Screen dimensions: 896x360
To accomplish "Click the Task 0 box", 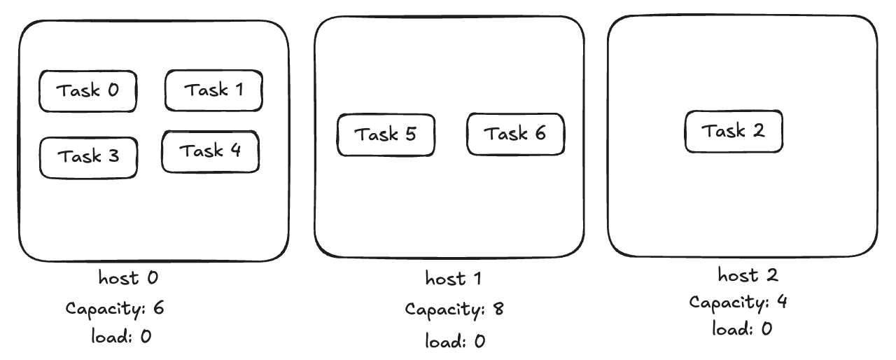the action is click(x=88, y=91).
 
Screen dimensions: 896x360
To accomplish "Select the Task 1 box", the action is click(x=213, y=90).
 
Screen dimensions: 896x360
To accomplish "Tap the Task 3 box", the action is click(x=88, y=158).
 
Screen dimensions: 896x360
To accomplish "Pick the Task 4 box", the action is click(x=211, y=151).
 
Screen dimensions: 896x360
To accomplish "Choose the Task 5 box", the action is click(x=386, y=134).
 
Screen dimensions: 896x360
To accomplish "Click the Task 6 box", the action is click(x=516, y=134).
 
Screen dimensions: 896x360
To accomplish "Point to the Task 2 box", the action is click(x=734, y=131).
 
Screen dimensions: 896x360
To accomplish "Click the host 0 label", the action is click(x=128, y=277).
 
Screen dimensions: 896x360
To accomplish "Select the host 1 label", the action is click(x=453, y=278).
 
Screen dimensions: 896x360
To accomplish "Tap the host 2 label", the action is click(x=748, y=275).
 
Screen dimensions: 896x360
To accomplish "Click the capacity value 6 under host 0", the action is click(x=158, y=307).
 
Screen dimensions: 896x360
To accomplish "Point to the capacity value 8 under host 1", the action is click(x=498, y=308).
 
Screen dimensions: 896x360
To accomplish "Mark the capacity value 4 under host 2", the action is click(x=782, y=301).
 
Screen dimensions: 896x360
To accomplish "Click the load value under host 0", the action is click(x=146, y=336).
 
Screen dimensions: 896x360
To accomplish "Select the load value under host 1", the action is click(x=479, y=341).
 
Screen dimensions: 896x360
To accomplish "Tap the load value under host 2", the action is click(x=766, y=328).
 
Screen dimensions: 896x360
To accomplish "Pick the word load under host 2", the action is click(x=732, y=328).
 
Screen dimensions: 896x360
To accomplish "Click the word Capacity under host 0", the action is click(x=106, y=309).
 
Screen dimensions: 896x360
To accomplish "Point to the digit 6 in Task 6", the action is click(x=540, y=133).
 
